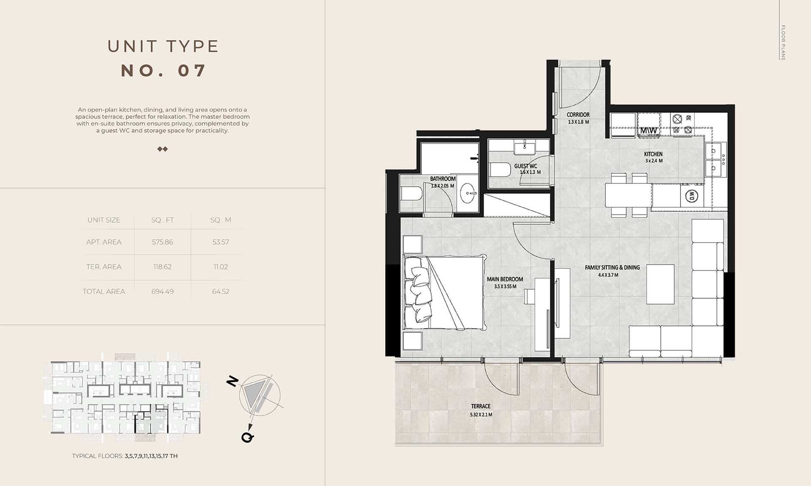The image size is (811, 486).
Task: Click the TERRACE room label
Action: [481, 406]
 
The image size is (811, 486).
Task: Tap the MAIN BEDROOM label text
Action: [505, 279]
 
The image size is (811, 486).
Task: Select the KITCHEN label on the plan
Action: [653, 154]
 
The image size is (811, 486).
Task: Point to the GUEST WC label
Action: [525, 166]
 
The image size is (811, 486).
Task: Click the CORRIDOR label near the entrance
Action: [578, 115]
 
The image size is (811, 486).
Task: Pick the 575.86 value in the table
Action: [162, 242]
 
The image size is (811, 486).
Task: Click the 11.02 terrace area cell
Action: [220, 267]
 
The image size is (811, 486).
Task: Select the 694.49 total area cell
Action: [162, 292]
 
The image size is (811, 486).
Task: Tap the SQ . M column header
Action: [220, 220]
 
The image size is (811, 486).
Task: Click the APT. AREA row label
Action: [104, 242]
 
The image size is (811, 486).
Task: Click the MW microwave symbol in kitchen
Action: [648, 131]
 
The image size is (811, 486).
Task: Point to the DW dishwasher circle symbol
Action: [691, 196]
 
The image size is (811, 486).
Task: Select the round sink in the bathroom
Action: [468, 194]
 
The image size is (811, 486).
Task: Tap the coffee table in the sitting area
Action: [660, 284]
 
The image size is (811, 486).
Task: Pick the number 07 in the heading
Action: [192, 71]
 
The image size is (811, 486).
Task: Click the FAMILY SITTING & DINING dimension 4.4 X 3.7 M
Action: [608, 275]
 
